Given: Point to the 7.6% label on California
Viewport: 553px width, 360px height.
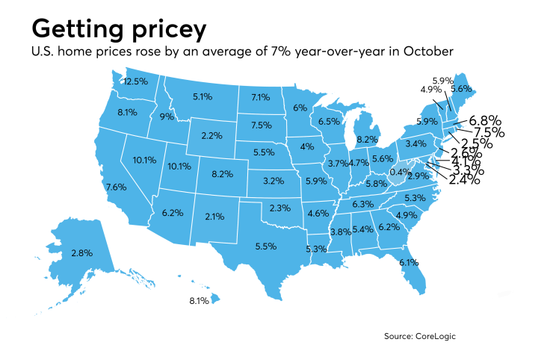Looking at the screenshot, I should click(x=116, y=187).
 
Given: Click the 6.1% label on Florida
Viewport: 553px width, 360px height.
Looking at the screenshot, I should click(x=428, y=262).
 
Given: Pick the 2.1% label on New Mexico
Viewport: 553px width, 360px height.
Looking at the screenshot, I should click(x=214, y=217).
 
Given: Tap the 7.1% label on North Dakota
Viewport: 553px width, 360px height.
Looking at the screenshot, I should click(x=260, y=97).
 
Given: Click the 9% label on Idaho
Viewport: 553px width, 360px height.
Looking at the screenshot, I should click(x=167, y=117).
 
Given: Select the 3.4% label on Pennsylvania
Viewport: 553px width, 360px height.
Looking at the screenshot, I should click(x=415, y=143).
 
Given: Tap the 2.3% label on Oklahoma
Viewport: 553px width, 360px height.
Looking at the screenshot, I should click(x=279, y=207).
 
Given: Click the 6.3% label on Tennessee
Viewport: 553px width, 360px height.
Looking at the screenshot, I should click(x=362, y=203).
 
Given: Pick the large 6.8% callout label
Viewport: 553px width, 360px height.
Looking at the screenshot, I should click(x=484, y=120).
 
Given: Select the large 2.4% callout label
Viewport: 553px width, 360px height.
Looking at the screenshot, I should click(x=468, y=179).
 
